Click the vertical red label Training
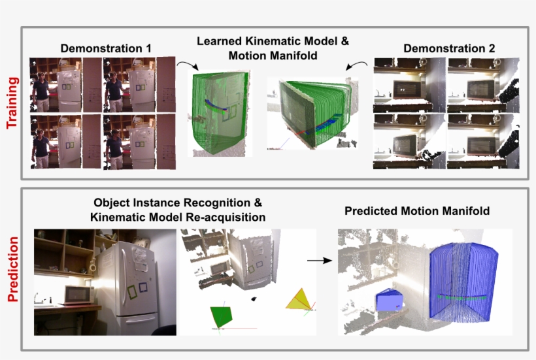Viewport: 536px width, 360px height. (12, 103)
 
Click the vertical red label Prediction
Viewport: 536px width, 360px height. (12, 269)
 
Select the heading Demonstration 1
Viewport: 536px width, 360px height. (106, 48)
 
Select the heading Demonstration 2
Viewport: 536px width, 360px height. (449, 48)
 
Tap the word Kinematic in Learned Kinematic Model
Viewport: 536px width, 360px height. (273, 41)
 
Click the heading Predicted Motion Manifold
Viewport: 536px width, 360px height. (416, 211)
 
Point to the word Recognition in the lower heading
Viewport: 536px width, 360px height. (215, 203)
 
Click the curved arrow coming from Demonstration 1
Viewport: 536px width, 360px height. (188, 64)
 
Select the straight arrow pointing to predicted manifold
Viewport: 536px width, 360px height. (319, 261)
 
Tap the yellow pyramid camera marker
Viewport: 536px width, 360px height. (299, 299)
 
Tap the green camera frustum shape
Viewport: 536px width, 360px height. (221, 317)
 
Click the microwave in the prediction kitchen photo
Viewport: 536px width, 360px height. (78, 295)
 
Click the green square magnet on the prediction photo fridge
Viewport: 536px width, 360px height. (132, 291)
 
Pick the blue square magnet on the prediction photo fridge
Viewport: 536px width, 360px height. (143, 287)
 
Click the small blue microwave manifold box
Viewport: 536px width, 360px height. (390, 300)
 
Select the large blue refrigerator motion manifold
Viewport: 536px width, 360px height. (463, 282)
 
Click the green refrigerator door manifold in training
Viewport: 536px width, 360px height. (220, 113)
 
